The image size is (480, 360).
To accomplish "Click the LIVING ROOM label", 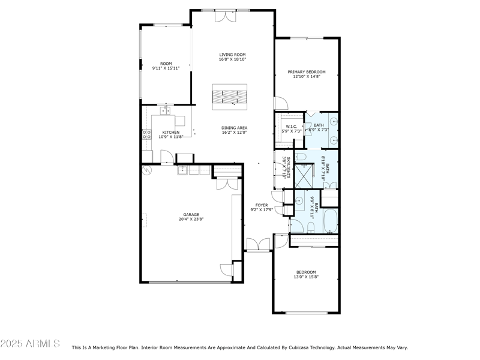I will [232, 55].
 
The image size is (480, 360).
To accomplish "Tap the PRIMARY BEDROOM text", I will [307, 72].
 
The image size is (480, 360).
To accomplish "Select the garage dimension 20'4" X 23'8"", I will [191, 219].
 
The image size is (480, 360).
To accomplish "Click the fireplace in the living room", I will [230, 96].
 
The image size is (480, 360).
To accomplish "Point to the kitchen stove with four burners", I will [145, 135].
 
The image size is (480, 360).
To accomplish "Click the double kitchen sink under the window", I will [165, 110].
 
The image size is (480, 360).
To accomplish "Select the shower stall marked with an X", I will [305, 175].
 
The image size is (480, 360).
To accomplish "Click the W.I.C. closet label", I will [291, 126].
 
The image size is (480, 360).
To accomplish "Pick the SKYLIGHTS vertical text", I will [288, 167].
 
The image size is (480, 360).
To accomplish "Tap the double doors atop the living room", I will [227, 16].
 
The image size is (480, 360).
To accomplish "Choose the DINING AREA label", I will [234, 128].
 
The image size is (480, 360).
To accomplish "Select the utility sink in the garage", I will [182, 170].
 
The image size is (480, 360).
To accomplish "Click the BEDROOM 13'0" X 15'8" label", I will [305, 274].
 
